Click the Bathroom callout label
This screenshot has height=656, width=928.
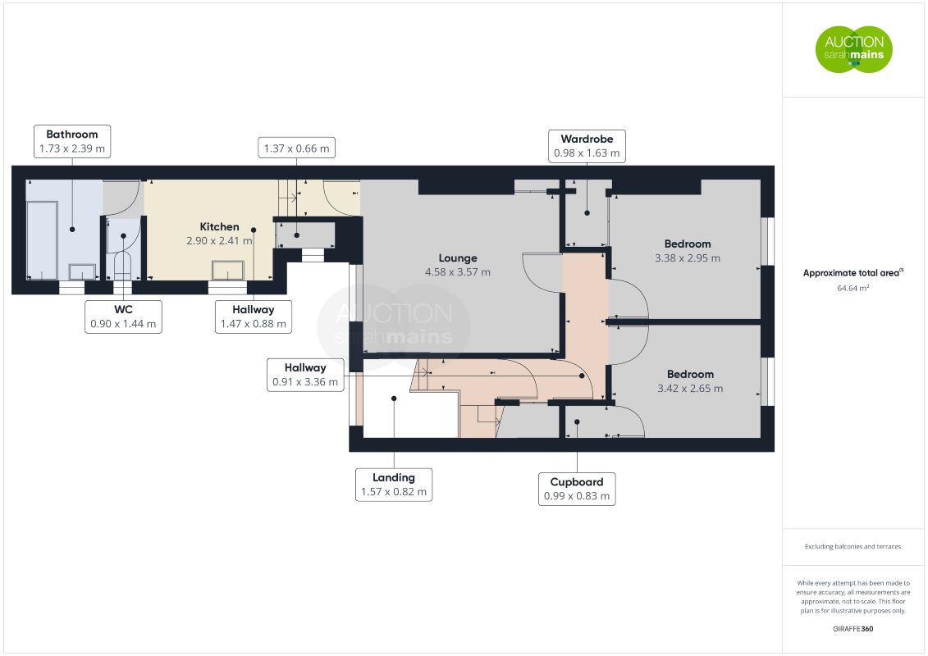[x=72, y=141]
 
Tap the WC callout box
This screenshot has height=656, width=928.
[x=123, y=317]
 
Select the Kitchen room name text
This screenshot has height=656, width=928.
[x=220, y=226]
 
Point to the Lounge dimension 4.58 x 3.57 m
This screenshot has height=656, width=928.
[x=458, y=272]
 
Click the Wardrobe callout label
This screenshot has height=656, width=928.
[x=587, y=146]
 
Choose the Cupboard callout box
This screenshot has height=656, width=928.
[x=577, y=490]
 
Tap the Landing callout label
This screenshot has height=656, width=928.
[x=394, y=485]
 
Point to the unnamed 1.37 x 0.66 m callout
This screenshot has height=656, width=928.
[x=296, y=148]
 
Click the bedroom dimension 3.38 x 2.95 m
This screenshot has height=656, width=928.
[x=687, y=258]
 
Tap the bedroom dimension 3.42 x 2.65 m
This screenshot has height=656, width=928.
[x=690, y=389]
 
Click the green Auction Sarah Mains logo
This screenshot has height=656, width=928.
[x=854, y=49]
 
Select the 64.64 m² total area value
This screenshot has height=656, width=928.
[x=853, y=288]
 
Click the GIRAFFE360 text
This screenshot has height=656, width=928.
[x=853, y=629]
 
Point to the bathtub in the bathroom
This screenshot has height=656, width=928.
[x=42, y=240]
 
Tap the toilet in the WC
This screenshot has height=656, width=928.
[x=122, y=266]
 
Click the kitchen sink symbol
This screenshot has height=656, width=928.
[x=228, y=271]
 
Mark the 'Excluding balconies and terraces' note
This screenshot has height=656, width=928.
[x=853, y=547]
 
